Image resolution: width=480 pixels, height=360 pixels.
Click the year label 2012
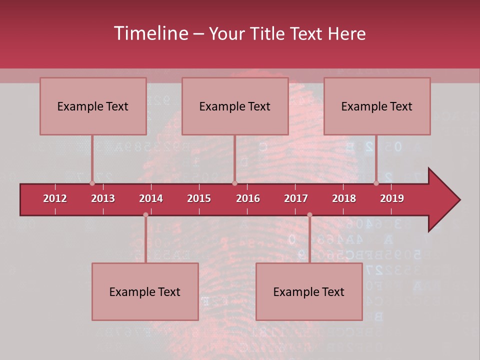(x=55, y=198)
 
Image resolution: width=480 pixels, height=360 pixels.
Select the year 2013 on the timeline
(x=103, y=198)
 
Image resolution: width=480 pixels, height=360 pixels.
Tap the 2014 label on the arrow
(x=151, y=198)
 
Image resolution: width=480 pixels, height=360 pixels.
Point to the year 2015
(x=199, y=198)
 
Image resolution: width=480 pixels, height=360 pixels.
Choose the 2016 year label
(x=248, y=198)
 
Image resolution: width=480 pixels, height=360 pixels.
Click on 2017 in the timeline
(x=296, y=198)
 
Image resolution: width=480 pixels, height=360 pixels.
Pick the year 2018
(x=344, y=198)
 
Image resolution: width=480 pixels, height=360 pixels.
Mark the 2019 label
(x=392, y=198)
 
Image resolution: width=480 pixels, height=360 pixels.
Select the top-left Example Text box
(x=93, y=106)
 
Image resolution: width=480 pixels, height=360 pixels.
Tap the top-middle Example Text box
(x=235, y=106)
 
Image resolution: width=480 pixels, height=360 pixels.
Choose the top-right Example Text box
(x=377, y=106)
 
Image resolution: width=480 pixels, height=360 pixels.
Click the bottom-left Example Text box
(x=145, y=291)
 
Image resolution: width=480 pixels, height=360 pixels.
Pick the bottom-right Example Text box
(x=309, y=291)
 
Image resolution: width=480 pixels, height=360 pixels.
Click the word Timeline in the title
(x=150, y=33)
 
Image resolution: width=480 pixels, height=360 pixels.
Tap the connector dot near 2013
(x=92, y=183)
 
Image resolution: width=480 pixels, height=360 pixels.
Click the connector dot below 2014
(x=145, y=215)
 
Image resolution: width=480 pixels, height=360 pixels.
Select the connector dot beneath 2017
(x=309, y=215)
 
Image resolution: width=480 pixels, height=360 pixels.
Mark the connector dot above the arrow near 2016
(x=234, y=183)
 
